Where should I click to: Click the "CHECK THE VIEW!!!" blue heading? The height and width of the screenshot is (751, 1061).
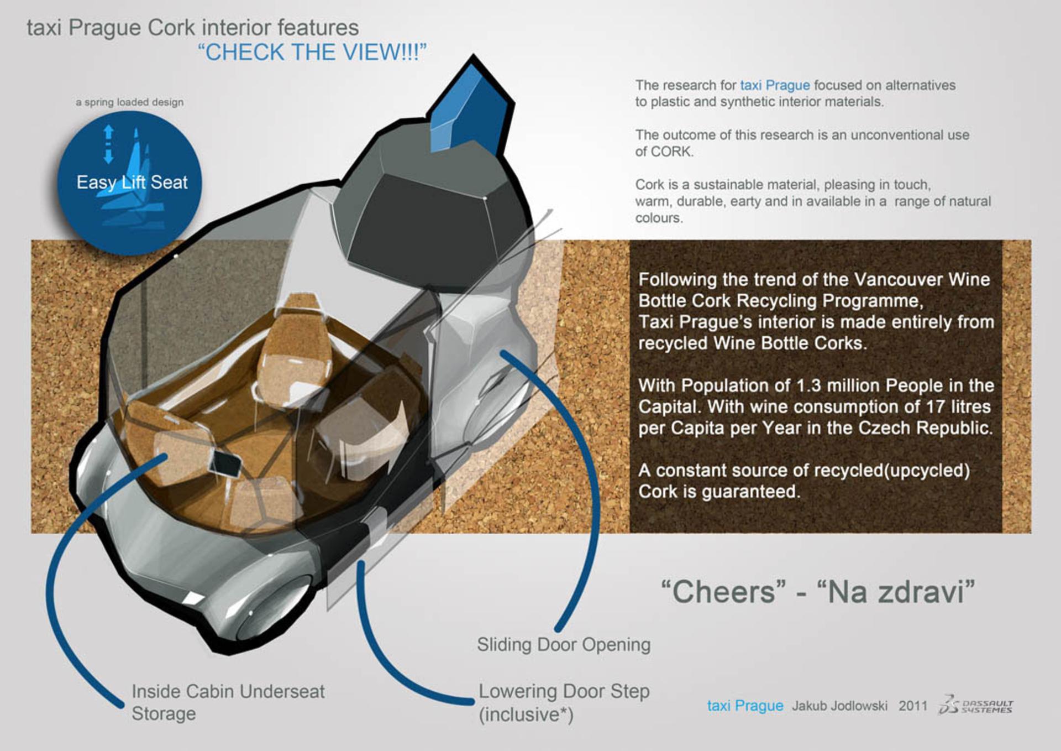pos(312,52)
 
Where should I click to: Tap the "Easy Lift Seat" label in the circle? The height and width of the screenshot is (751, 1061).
pos(132,182)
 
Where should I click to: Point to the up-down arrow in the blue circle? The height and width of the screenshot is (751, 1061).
pos(108,144)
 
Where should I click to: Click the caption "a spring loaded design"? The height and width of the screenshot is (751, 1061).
pos(130,102)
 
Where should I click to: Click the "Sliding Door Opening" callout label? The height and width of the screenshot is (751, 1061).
pos(564,644)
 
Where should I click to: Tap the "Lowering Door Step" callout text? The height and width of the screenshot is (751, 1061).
pos(564,691)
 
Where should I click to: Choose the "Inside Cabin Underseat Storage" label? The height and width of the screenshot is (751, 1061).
pos(228,702)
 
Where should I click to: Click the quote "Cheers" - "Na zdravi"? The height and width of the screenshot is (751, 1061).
pos(818,592)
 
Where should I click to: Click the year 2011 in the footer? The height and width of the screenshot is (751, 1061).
pos(913,706)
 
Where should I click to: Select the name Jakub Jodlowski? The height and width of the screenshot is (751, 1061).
pos(839,706)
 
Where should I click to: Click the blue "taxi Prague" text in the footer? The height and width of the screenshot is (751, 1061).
pos(745,706)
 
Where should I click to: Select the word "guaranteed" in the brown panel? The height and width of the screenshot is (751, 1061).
pos(750,492)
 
